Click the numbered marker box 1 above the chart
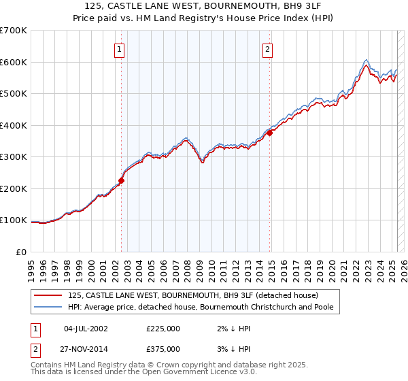point(119,49)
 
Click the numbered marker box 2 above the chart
point(268,49)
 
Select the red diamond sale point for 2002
point(122,180)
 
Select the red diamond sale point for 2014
point(270,133)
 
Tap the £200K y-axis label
point(14,188)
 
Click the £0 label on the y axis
point(20,252)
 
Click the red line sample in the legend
point(48,295)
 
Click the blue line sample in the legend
point(48,307)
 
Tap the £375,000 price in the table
point(163,348)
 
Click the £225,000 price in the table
point(163,329)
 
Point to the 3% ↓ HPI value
point(228,348)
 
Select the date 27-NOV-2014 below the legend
point(86,348)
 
